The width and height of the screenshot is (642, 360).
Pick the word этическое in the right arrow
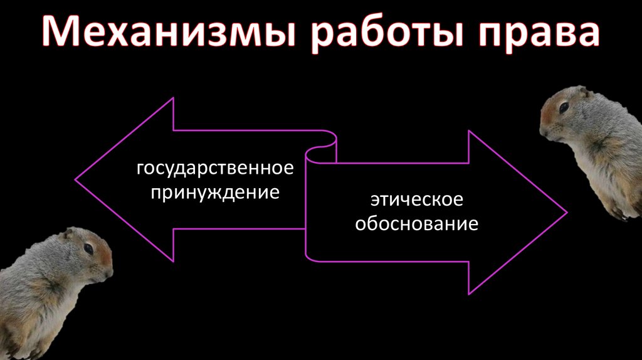tap(416, 201)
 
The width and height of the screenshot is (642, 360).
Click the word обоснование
tap(416, 223)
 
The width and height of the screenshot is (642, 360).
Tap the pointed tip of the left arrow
tap(76, 180)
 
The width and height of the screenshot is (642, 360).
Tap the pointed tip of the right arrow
tap(566, 212)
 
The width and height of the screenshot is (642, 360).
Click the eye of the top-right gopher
tap(564, 107)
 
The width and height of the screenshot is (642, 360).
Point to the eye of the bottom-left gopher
tap(88, 249)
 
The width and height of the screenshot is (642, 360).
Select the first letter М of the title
tap(62, 34)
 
